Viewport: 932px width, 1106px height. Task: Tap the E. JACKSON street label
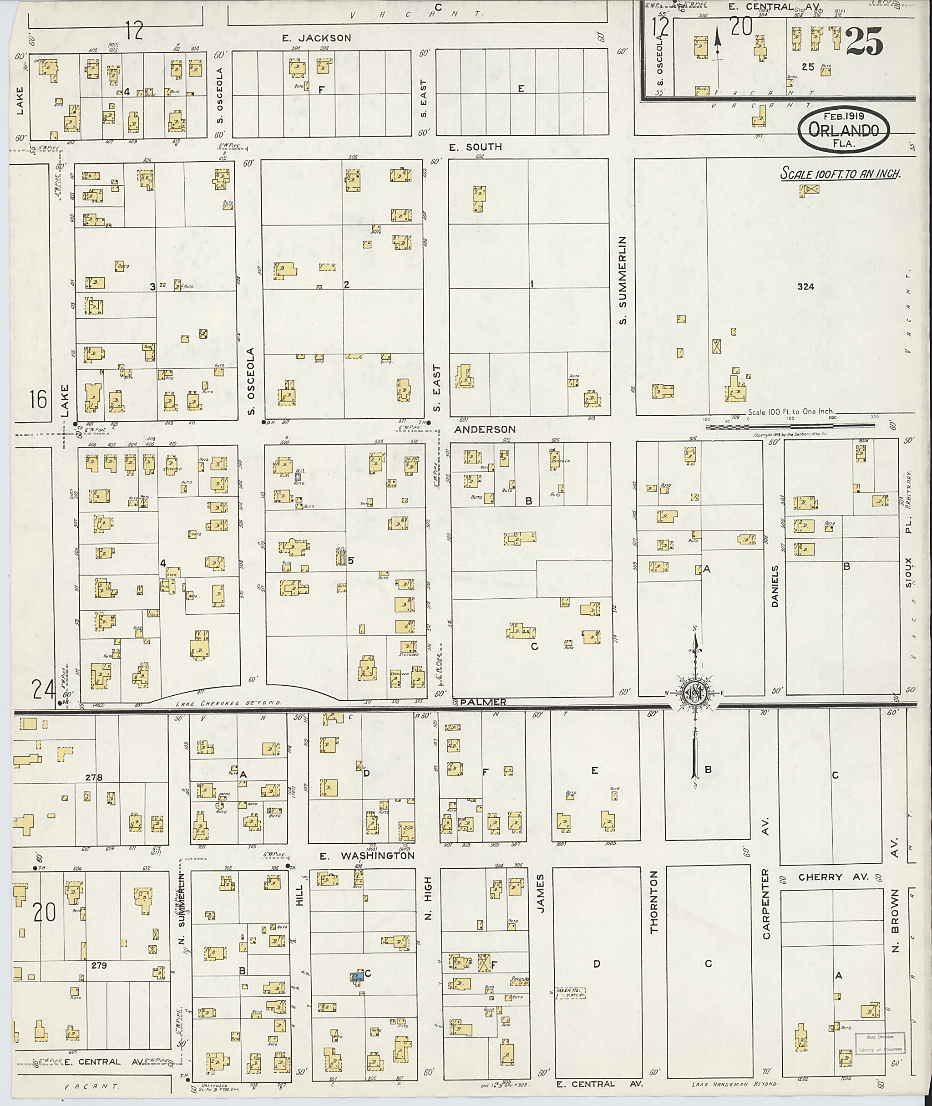pyautogui.click(x=316, y=38)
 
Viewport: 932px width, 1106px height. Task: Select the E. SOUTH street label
pyautogui.click(x=475, y=147)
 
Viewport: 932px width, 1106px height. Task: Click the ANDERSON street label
pyautogui.click(x=485, y=430)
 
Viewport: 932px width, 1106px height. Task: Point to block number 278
pyautogui.click(x=93, y=777)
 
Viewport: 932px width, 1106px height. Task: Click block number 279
pyautogui.click(x=98, y=965)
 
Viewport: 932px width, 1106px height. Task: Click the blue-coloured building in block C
pyautogui.click(x=358, y=976)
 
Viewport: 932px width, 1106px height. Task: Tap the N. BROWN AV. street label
pyautogui.click(x=895, y=920)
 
